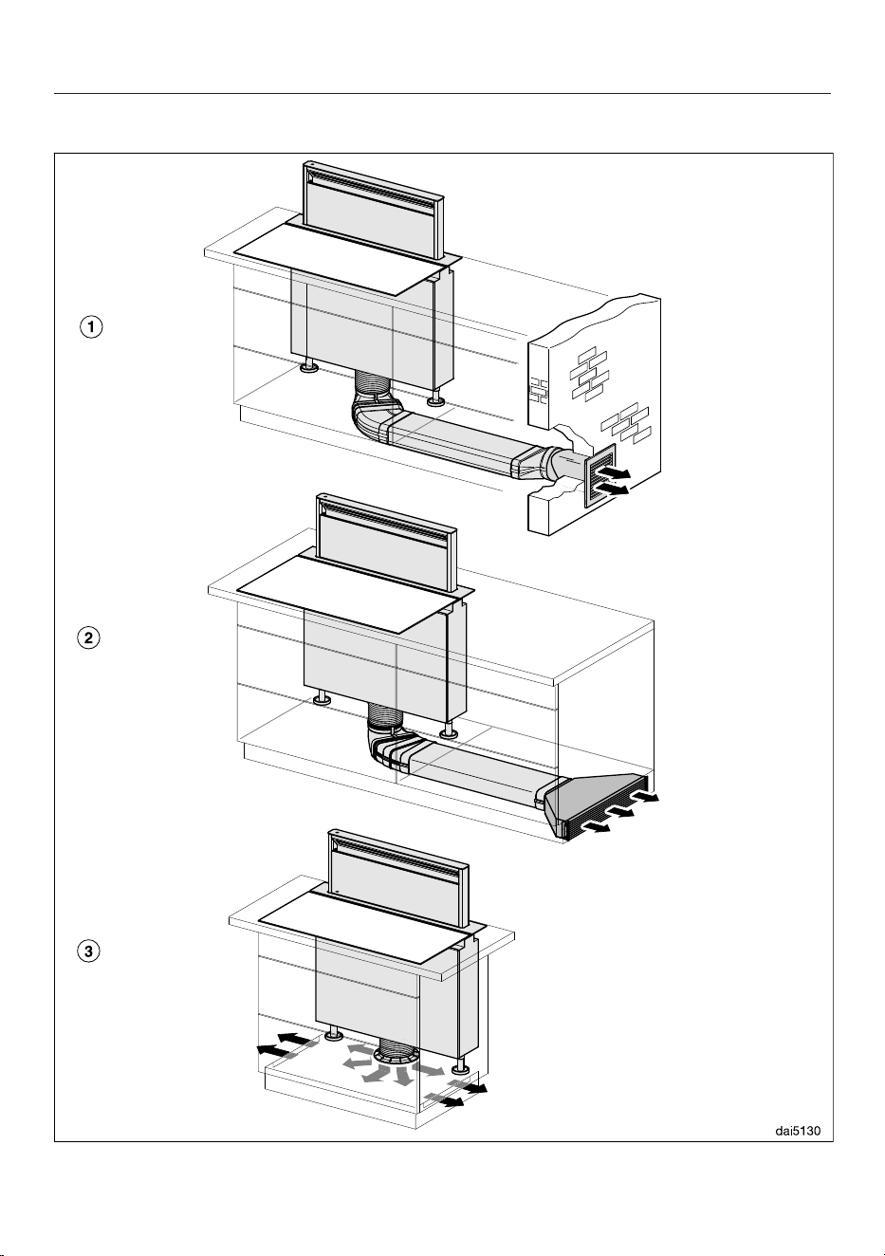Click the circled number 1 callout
coord(91,327)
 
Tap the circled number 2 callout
coord(88,638)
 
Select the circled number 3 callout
coord(88,951)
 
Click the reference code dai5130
coord(798,1131)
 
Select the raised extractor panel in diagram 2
coord(387,543)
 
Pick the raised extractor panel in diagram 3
coord(398,878)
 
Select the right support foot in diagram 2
coord(447,730)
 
